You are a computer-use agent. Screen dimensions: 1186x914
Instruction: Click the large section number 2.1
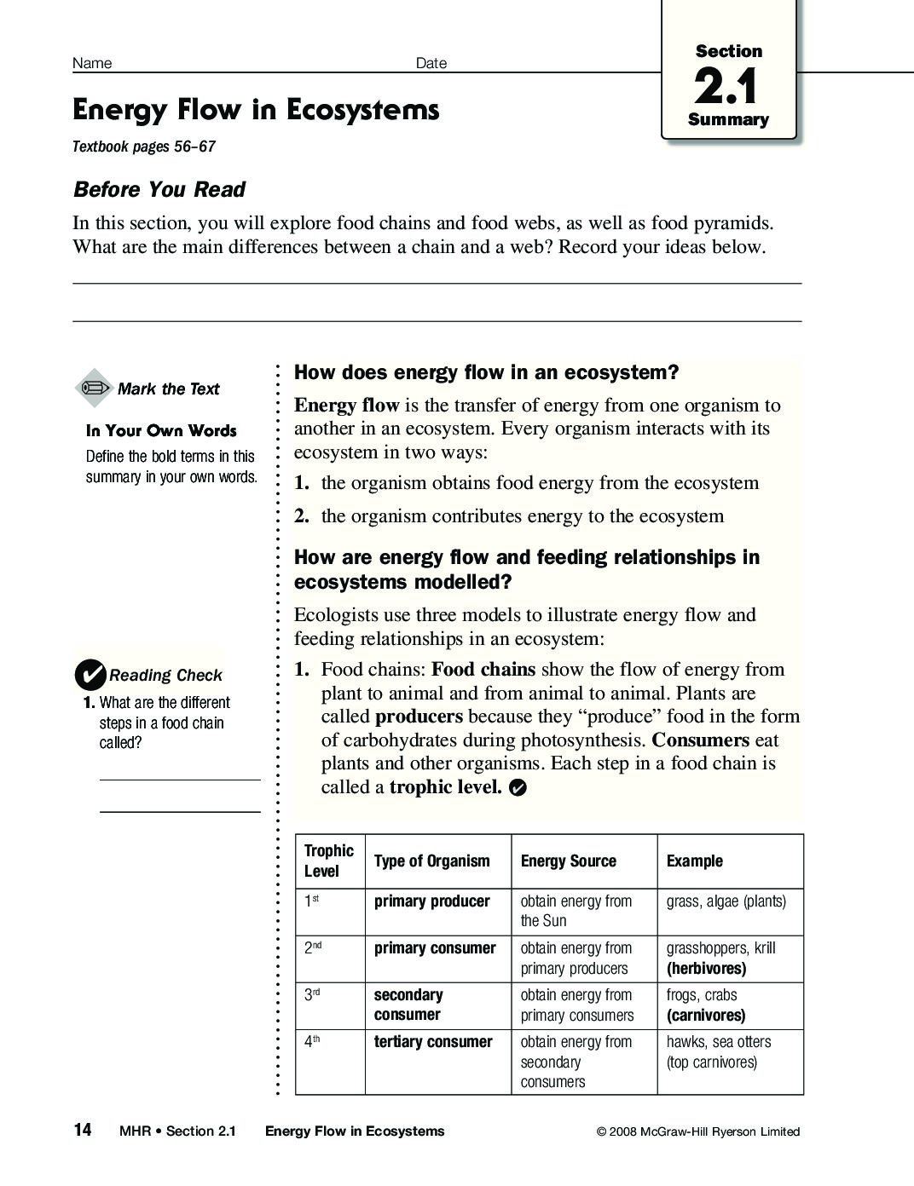point(726,86)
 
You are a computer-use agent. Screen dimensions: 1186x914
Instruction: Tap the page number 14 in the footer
point(82,1130)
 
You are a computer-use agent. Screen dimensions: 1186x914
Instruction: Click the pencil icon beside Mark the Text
point(94,389)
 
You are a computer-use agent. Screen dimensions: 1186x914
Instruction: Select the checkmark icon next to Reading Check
point(90,675)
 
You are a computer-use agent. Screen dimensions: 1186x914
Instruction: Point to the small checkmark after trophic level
point(517,788)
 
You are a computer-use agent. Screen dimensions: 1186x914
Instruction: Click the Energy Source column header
point(568,861)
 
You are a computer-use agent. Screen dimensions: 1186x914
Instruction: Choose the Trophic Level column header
point(328,861)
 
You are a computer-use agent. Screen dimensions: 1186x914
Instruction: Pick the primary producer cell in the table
point(431,901)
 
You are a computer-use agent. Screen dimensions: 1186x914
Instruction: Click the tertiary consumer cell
point(433,1042)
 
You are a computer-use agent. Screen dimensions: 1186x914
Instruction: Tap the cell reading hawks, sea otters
point(718,1042)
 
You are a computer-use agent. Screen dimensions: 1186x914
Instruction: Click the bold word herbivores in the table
point(706,969)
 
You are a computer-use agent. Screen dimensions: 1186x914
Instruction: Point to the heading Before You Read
point(159,189)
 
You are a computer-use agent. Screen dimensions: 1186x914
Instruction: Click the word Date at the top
point(431,63)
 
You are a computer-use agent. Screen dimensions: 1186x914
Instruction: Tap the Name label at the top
point(92,63)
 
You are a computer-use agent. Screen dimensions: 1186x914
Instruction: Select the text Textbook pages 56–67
point(144,147)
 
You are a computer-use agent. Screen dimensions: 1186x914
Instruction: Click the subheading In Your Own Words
point(161,431)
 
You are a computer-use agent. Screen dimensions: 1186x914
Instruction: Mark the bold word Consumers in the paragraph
point(700,740)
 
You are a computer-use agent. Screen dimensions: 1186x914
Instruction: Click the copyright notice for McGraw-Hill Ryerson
point(698,1131)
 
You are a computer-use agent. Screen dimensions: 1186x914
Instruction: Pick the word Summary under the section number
point(728,120)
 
